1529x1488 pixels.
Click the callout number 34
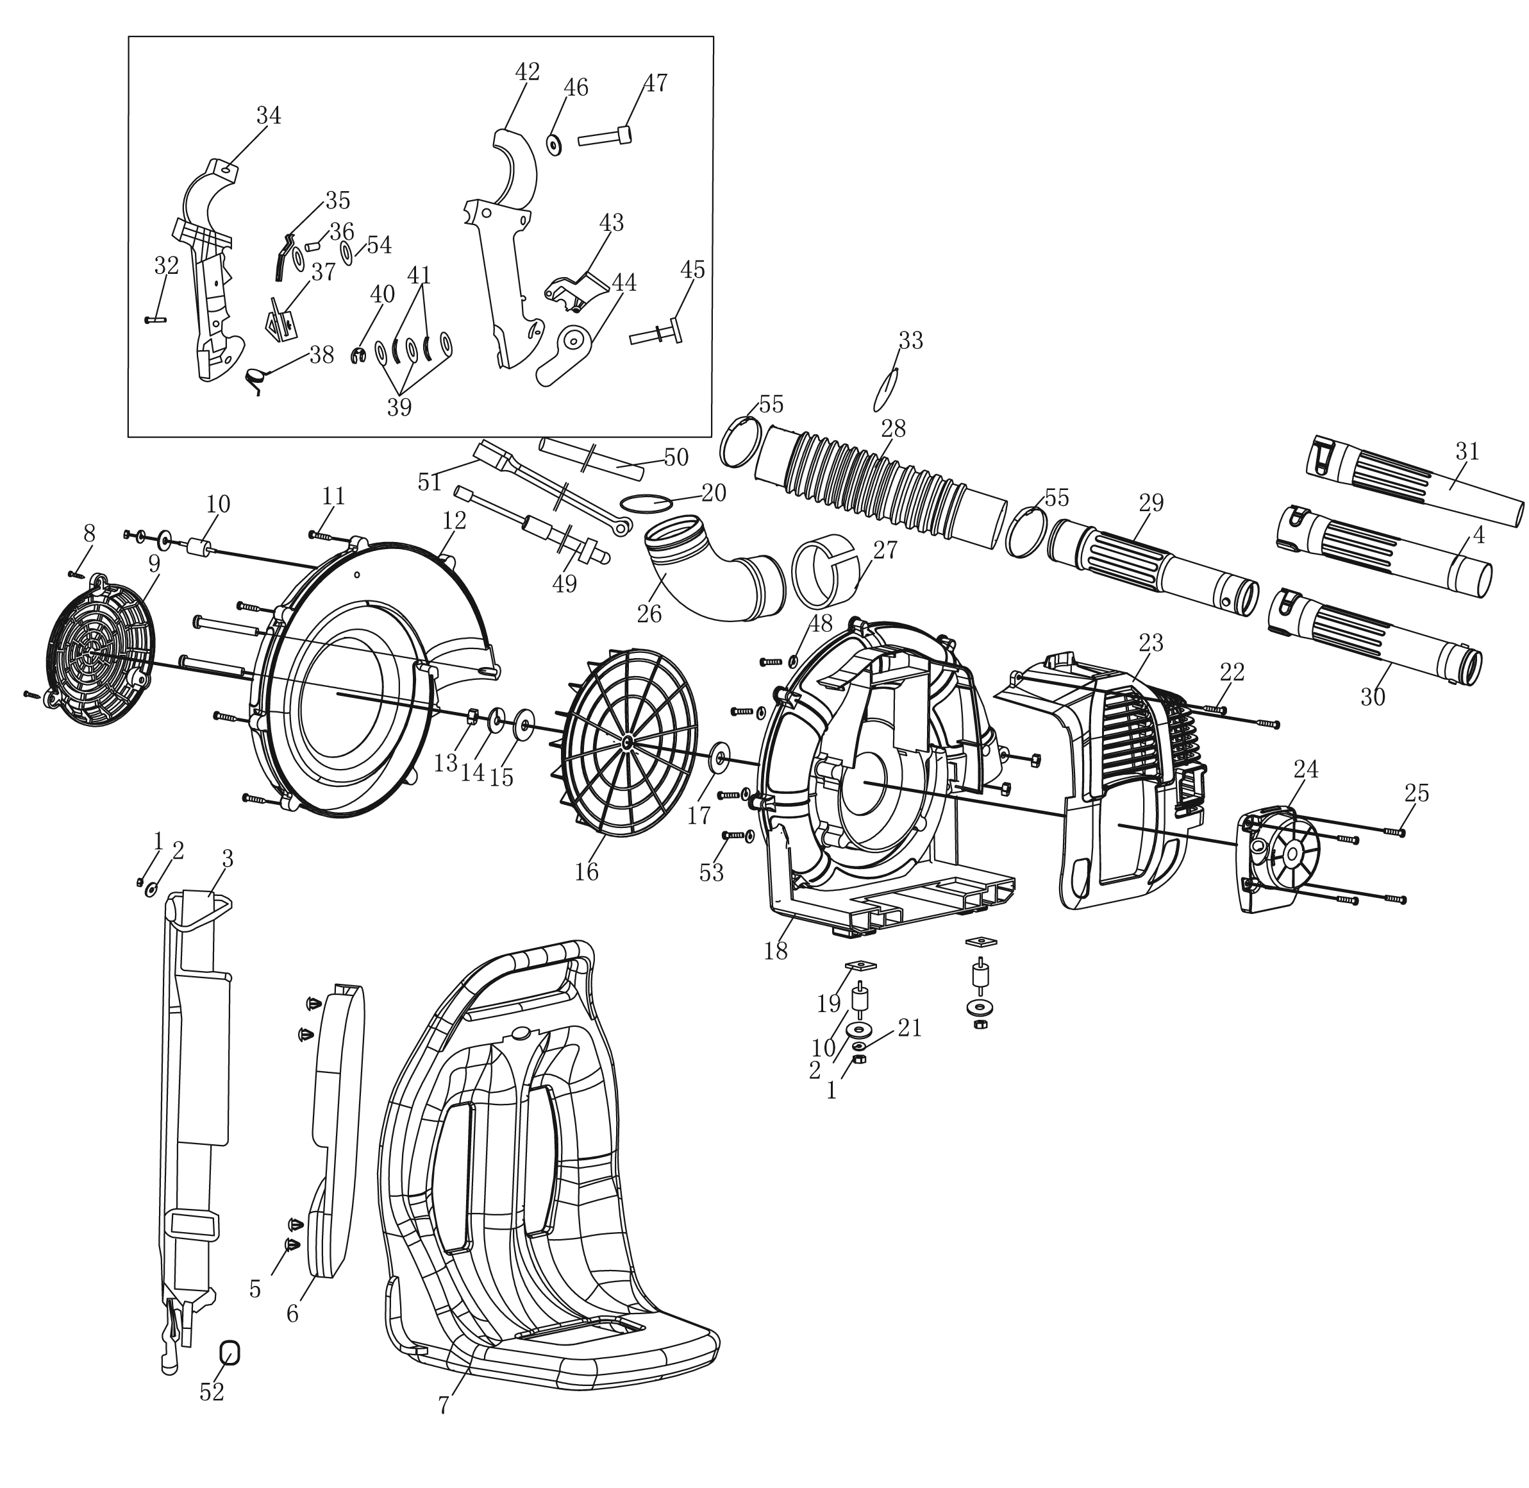pyautogui.click(x=268, y=115)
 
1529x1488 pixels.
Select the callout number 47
pyautogui.click(x=655, y=83)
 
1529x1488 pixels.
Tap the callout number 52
pyautogui.click(x=212, y=1392)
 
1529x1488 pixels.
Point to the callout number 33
pyautogui.click(x=910, y=340)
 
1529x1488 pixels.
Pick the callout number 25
pyautogui.click(x=1417, y=793)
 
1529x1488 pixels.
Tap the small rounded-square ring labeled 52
pyautogui.click(x=230, y=1352)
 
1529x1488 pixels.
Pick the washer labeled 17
pyautogui.click(x=718, y=758)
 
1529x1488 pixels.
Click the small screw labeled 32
pyautogui.click(x=156, y=319)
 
